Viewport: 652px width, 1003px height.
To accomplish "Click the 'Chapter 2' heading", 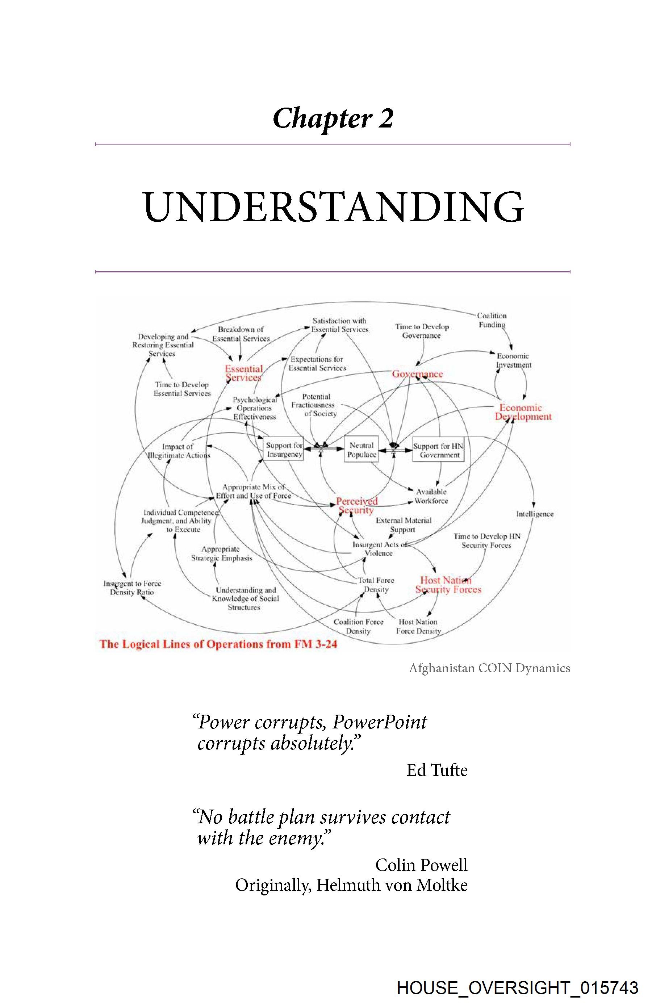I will (x=333, y=118).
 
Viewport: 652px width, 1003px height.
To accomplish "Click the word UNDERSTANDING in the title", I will (x=333, y=207).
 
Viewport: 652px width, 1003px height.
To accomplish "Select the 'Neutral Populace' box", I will (x=361, y=450).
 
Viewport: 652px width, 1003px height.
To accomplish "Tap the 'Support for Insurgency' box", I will (x=284, y=450).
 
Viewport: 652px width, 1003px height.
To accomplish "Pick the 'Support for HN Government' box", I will (x=438, y=450).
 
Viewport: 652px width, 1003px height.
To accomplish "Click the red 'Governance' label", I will (x=417, y=374).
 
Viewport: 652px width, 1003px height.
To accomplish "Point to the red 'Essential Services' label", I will (x=244, y=373).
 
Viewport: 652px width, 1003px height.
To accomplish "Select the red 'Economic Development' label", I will (x=522, y=412).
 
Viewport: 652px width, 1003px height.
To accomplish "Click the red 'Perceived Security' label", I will (x=356, y=505).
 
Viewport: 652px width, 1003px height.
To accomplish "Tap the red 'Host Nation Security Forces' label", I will (x=448, y=585).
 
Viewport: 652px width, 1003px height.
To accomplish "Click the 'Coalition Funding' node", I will (x=492, y=320).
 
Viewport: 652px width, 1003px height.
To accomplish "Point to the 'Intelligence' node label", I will (x=534, y=514).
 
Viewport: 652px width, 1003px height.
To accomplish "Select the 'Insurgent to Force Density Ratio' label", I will (x=132, y=588).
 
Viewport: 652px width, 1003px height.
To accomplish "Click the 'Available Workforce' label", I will (x=431, y=496).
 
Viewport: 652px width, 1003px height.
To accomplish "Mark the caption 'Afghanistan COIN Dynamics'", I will (x=489, y=668).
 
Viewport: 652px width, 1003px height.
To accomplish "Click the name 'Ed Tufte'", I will (x=436, y=770).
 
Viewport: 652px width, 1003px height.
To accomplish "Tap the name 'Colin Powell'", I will (x=421, y=865).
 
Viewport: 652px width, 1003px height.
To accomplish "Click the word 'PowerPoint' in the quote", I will (x=379, y=722).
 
